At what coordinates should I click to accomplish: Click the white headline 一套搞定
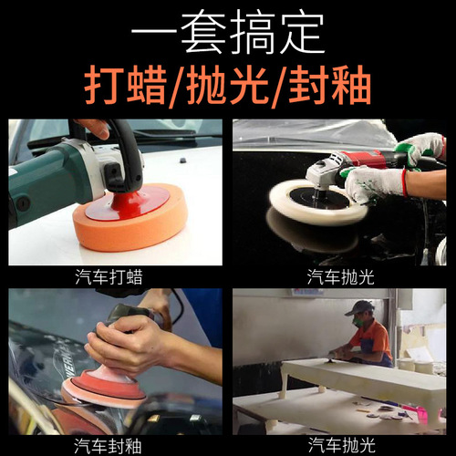pos(227,33)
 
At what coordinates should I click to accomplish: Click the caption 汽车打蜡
pos(115,276)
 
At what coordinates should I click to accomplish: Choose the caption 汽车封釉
pos(115,445)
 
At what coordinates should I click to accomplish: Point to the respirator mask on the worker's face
pos(361,322)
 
